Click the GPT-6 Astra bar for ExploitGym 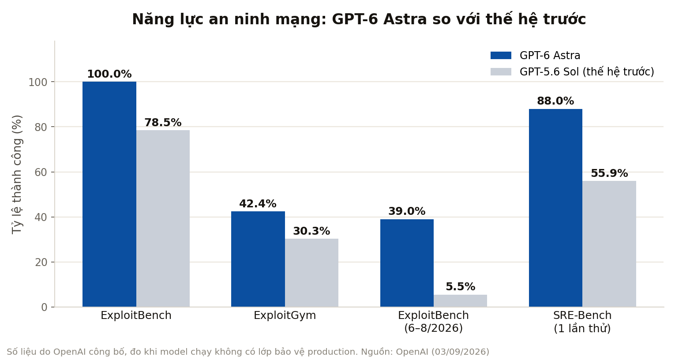tap(258, 259)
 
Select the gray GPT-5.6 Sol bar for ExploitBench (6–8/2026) tap(461, 300)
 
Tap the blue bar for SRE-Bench tap(555, 208)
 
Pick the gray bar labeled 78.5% tap(163, 218)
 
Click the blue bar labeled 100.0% tap(109, 194)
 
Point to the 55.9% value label tap(609, 173)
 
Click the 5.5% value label tap(461, 286)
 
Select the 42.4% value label tap(258, 204)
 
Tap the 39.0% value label tap(407, 211)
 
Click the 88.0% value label tap(555, 101)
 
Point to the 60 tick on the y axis tap(41, 172)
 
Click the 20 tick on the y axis tap(41, 262)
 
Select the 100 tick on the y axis tap(38, 82)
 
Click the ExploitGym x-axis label tap(285, 315)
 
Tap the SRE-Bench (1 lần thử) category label tap(582, 322)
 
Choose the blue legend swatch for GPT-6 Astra tap(501, 56)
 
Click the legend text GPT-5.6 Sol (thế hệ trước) tap(587, 72)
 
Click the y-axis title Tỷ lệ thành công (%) tap(17, 174)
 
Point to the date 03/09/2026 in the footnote tap(460, 352)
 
